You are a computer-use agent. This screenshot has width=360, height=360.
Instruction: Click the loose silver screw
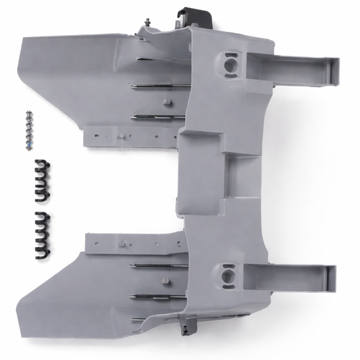click(x=28, y=125)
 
